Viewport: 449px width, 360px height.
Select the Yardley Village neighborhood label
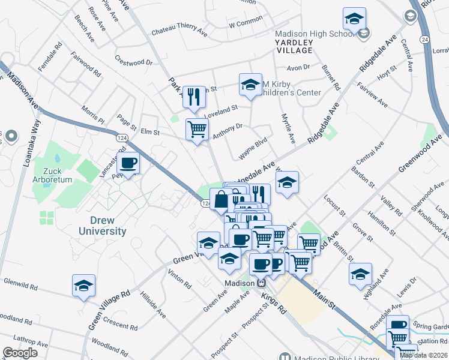pyautogui.click(x=294, y=46)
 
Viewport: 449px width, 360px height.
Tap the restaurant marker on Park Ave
pyautogui.click(x=193, y=97)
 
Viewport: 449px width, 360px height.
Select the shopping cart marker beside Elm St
pyautogui.click(x=197, y=128)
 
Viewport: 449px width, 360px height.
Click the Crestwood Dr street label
pyautogui.click(x=133, y=62)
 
